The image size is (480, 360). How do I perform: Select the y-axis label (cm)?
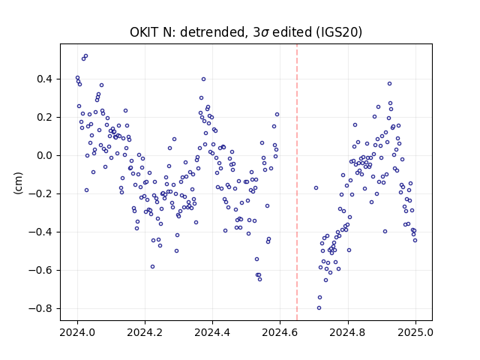(x=18, y=183)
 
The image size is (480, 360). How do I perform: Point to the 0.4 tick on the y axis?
(x=44, y=79)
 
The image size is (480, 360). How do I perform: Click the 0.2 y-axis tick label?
(x=44, y=117)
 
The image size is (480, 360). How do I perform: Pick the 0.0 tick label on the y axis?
(x=44, y=155)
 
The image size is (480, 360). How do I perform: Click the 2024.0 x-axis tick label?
(x=77, y=332)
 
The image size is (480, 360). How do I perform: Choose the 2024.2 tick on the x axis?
(x=145, y=332)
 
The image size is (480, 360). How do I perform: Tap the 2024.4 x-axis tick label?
(x=212, y=332)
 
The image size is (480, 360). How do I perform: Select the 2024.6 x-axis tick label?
(x=280, y=332)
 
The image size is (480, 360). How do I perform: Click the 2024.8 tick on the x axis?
(x=348, y=332)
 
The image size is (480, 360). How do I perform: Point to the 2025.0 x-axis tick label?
(x=415, y=332)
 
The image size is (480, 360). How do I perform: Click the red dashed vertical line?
(x=297, y=182)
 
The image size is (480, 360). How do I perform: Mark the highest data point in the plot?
(x=85, y=56)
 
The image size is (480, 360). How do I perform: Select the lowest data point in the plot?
(x=319, y=307)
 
